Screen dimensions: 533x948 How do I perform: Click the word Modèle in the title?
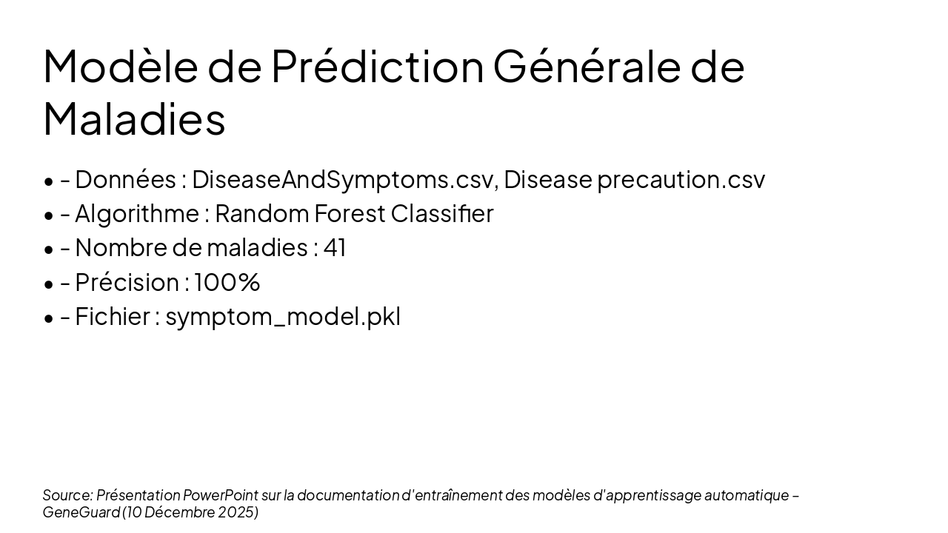click(x=121, y=66)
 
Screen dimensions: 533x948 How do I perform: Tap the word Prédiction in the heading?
click(x=377, y=66)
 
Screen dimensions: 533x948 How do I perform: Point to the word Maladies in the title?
click(x=134, y=119)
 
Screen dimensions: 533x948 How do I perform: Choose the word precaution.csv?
click(x=681, y=180)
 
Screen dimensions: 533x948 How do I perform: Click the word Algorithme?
click(x=137, y=214)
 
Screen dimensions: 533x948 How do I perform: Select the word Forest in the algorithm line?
click(x=350, y=214)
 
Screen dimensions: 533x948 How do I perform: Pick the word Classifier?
click(x=442, y=214)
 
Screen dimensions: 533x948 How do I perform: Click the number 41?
click(x=335, y=248)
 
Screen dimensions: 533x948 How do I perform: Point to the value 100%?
click(x=227, y=283)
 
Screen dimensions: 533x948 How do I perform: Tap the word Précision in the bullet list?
click(x=127, y=283)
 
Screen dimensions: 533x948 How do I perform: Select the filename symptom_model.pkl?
click(x=283, y=317)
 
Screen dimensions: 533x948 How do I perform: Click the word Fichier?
click(x=113, y=317)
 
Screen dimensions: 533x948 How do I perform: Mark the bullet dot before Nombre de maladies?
click(x=49, y=249)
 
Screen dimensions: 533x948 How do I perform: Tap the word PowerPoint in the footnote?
click(x=221, y=495)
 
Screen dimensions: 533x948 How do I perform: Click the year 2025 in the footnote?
click(x=238, y=512)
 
